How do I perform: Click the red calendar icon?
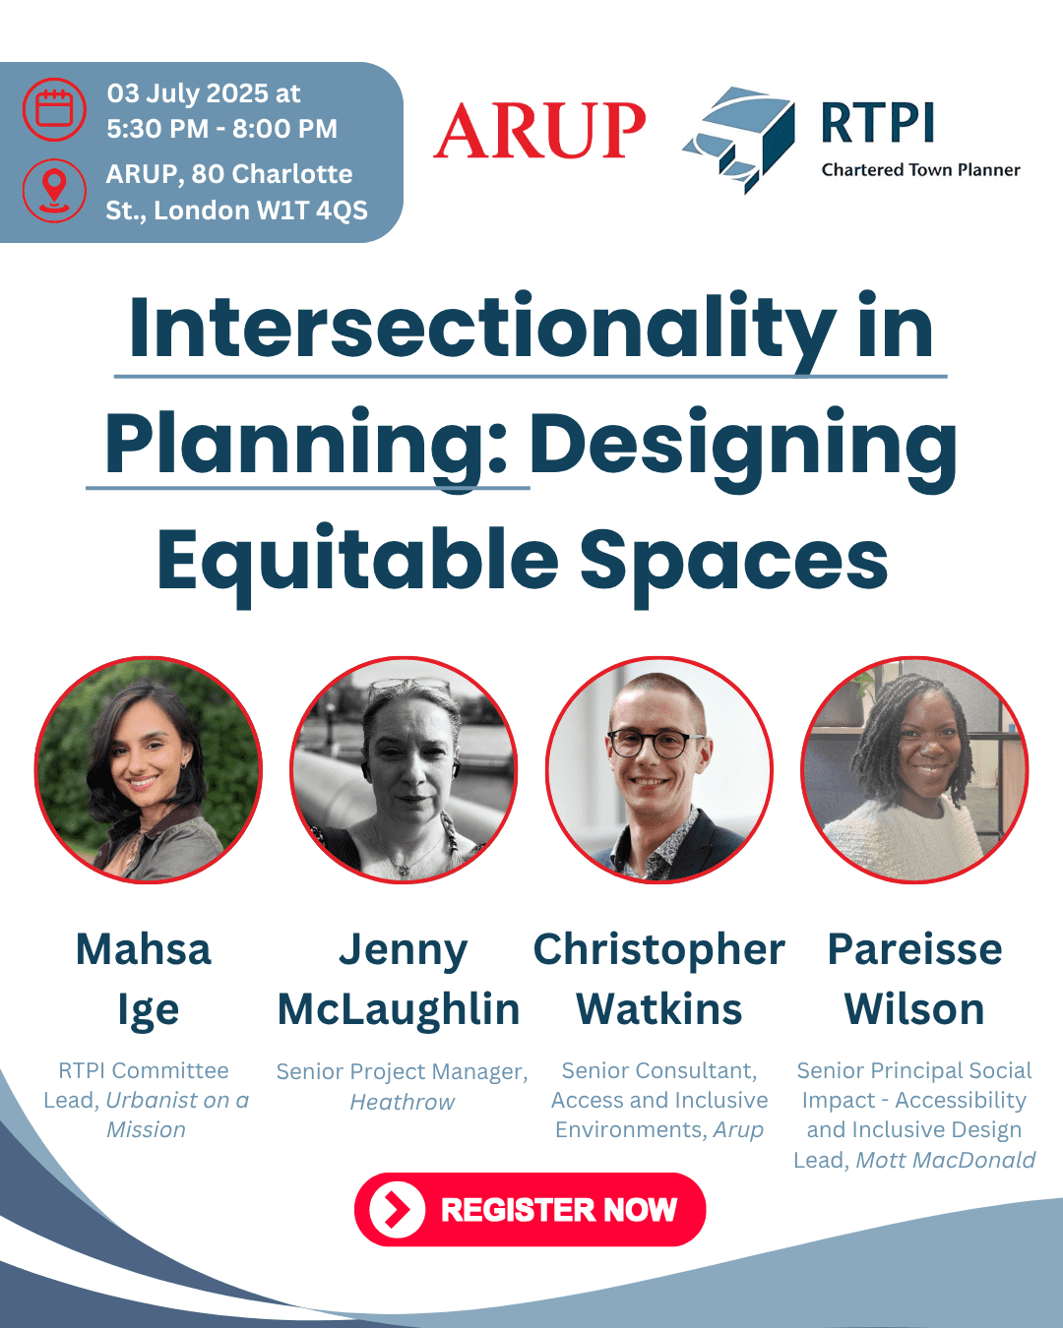54,109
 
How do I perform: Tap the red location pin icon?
54,191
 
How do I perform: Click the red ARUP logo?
539,131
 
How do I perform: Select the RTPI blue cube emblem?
738,139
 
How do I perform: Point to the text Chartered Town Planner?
920,170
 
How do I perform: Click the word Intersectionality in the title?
481,327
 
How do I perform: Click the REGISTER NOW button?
530,1209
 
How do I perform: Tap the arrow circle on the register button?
398,1210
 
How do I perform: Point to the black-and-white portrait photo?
404,769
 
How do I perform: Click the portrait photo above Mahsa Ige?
149,769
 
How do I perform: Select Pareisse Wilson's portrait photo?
914,769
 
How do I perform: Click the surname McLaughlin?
399,1010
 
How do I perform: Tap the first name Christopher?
659,950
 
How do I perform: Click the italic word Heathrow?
403,1102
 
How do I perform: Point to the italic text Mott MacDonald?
946,1160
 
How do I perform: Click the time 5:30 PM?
157,129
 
